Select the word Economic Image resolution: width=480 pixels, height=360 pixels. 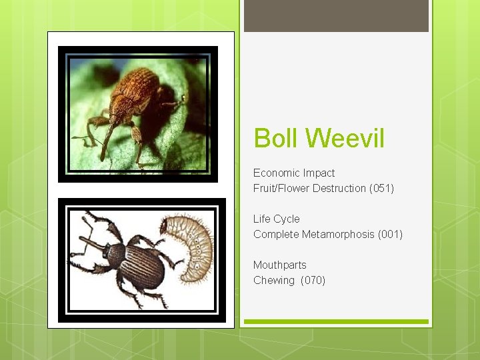pos(275,173)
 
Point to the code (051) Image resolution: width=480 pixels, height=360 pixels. pos(381,189)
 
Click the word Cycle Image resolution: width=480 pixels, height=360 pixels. pos(287,219)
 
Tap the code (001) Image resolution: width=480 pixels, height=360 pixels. pos(390,234)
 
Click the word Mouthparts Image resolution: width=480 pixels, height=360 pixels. pos(280,265)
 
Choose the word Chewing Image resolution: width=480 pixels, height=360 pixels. pos(274,280)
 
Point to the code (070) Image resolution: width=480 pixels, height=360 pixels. pos(313,280)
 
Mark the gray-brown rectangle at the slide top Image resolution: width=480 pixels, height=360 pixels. pos(336,15)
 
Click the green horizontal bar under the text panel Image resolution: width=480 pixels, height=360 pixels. pos(336,322)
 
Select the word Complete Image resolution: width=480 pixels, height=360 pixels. pos(276,234)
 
